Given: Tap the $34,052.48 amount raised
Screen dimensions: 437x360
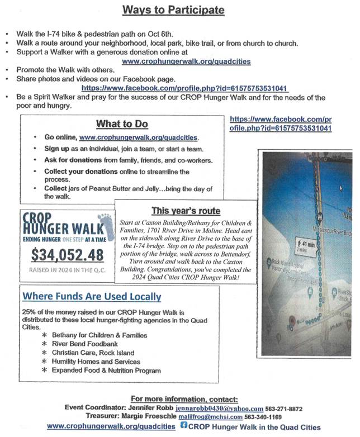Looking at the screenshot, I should [x=60, y=255].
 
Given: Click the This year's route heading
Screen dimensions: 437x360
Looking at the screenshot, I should [x=186, y=211].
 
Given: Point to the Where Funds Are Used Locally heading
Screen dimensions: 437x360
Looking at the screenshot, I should [x=92, y=297].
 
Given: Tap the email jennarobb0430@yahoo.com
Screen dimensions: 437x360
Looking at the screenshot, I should [x=219, y=408].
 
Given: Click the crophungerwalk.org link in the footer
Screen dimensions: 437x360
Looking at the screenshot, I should [x=111, y=426].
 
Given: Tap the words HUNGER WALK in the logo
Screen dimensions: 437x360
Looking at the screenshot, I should [x=61, y=228].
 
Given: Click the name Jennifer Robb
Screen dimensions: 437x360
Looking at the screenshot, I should [x=151, y=408].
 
